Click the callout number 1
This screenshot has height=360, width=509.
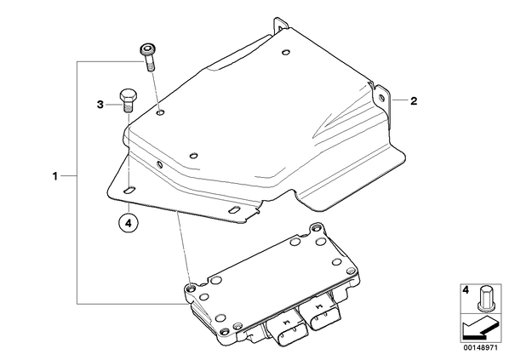tap(55, 176)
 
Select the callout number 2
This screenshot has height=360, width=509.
tap(414, 101)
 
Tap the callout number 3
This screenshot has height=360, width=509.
tap(100, 105)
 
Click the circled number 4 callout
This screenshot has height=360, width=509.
tap(129, 223)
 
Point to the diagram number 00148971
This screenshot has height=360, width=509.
tap(480, 348)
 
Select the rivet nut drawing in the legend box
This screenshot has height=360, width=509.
tap(483, 299)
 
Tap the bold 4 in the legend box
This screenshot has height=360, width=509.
tap(466, 290)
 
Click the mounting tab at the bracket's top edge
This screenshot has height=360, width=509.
tap(280, 26)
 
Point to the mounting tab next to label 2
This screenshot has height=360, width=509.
tap(382, 98)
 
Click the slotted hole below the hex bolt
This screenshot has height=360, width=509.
tap(129, 191)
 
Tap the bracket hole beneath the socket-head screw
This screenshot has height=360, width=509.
tap(161, 112)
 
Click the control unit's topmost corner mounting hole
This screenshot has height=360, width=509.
tap(315, 229)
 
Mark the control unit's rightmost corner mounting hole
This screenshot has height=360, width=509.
tap(351, 270)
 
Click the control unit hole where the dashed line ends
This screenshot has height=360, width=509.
tap(191, 288)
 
